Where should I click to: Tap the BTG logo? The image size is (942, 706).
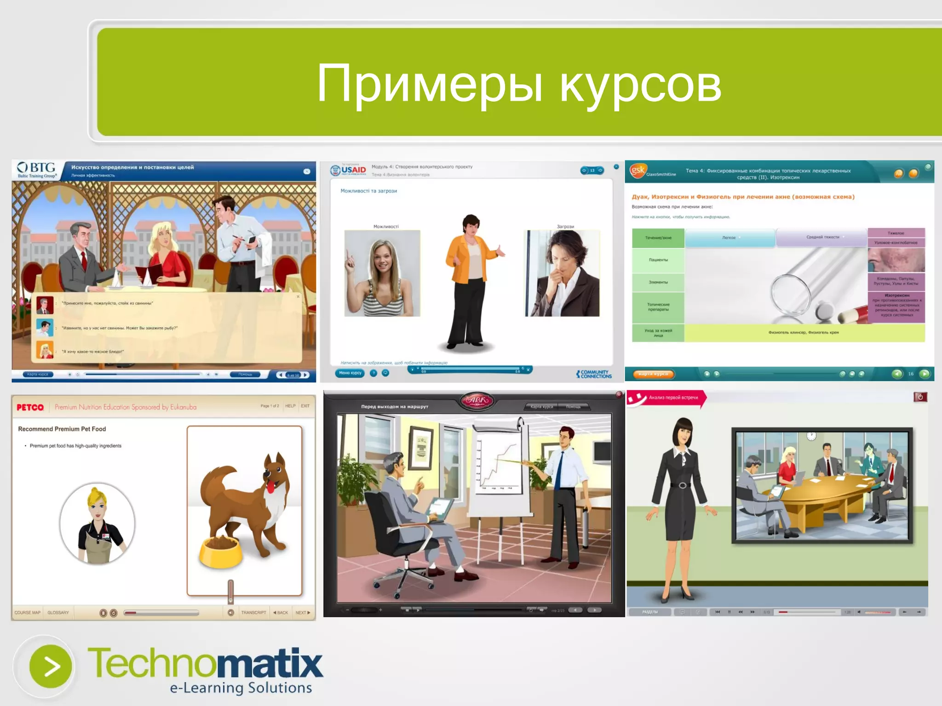pos(37,170)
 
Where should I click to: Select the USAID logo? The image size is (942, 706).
pos(349,170)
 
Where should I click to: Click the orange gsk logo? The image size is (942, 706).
pos(638,170)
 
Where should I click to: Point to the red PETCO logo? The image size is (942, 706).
pos(30,407)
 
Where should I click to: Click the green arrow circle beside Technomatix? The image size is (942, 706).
pos(51,666)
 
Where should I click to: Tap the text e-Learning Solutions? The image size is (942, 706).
pos(241,688)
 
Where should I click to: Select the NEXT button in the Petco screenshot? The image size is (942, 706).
pos(302,613)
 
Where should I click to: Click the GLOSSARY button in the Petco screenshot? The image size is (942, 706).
pos(58,613)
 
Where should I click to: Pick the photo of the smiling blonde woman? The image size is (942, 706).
pos(382,273)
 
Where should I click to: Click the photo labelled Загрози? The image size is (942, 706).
pos(562,273)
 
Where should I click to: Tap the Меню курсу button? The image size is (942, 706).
pos(350,373)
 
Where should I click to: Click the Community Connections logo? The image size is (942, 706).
pos(594,374)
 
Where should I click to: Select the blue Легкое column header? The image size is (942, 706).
pos(729,238)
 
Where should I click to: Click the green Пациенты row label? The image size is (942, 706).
pos(658,260)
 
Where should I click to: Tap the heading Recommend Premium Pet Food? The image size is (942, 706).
pos(62,429)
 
